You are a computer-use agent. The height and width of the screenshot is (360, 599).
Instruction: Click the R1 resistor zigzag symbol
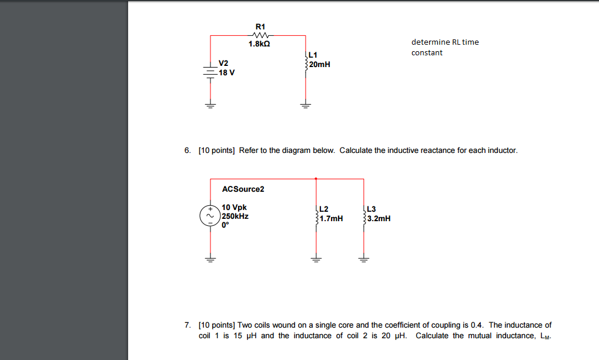pos(260,35)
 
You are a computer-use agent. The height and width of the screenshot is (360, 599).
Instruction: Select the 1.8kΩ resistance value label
pos(260,44)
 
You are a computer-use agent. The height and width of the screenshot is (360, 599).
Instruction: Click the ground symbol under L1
pos(305,106)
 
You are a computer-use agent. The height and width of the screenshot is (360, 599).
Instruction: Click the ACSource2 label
pos(243,189)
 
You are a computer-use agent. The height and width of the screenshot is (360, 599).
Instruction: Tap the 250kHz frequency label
pos(236,216)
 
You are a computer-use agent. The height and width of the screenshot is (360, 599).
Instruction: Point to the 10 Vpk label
pos(235,208)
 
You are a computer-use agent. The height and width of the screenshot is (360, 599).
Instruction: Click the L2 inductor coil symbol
pos(317,215)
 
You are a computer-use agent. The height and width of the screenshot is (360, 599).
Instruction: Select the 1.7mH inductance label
pos(332,219)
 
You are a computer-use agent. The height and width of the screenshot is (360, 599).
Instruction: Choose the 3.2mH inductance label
pos(379,219)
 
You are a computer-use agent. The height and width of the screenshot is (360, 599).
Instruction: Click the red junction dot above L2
pos(316,178)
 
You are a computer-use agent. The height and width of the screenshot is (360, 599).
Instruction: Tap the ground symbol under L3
pos(364,259)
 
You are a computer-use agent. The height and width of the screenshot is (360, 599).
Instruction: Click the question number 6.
pos(187,151)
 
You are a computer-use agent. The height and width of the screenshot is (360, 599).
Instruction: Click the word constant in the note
pos(427,53)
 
